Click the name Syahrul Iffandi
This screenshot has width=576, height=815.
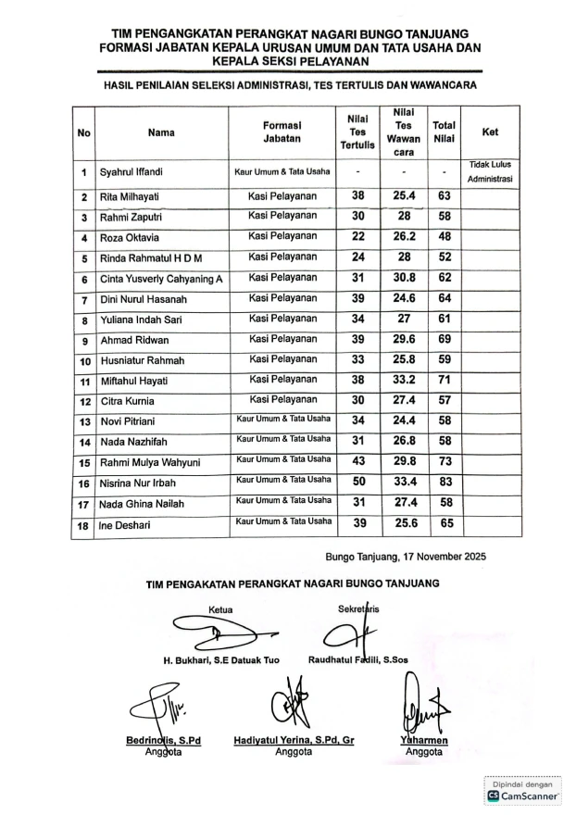[131, 173]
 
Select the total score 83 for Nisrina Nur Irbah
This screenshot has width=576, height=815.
[444, 482]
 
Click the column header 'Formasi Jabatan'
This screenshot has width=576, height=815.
[282, 131]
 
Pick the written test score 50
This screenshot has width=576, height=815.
[357, 482]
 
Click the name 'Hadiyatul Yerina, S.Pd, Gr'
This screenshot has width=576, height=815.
[294, 740]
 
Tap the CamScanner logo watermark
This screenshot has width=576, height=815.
[524, 795]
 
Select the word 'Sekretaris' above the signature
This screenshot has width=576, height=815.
[359, 608]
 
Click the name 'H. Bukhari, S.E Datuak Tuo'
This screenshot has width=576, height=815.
[221, 659]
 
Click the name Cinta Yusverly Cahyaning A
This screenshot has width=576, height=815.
[161, 278]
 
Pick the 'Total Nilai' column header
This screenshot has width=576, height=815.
[444, 131]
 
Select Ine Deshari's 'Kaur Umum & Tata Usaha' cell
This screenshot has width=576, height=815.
[282, 522]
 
